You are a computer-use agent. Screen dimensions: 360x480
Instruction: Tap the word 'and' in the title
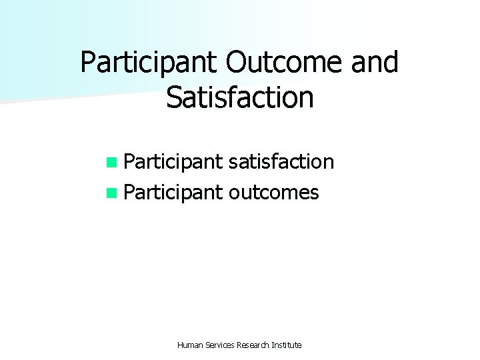click(x=373, y=63)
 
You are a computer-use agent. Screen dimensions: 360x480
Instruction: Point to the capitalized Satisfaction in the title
click(x=240, y=97)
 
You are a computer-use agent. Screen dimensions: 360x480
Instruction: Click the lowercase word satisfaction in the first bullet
click(x=281, y=161)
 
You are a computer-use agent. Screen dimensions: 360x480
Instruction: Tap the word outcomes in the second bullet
click(x=273, y=193)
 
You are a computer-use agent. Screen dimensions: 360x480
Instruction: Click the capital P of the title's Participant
click(x=88, y=63)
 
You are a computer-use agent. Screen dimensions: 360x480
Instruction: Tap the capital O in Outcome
click(x=237, y=63)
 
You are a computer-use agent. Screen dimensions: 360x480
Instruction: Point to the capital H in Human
click(x=181, y=345)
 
